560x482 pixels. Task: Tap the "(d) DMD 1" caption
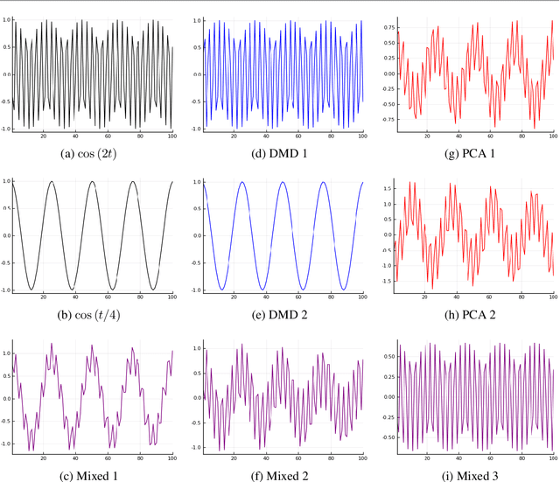click(x=279, y=152)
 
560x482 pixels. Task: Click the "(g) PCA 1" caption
click(x=469, y=152)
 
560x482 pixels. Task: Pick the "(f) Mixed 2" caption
click(x=279, y=475)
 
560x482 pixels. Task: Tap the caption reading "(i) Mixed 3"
click(x=469, y=475)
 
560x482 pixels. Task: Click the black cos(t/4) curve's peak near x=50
click(x=87, y=182)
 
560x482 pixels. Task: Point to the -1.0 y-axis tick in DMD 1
click(x=194, y=128)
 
